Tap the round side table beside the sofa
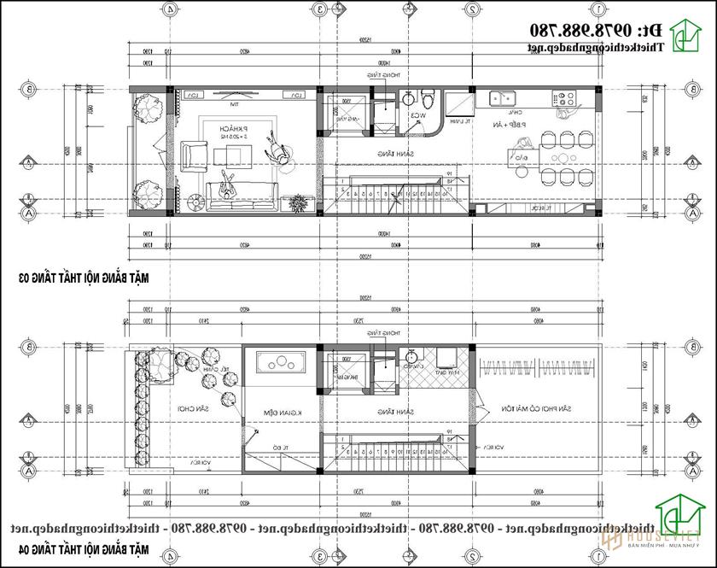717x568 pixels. pos(195,202)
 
